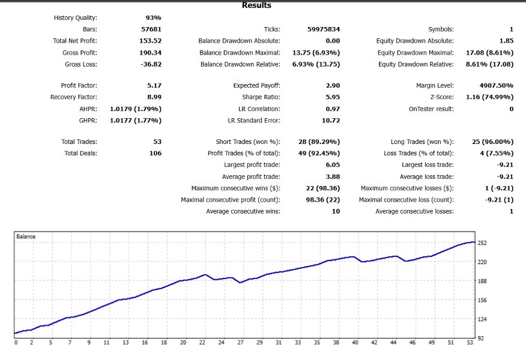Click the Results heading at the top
click(256, 5)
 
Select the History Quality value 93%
click(153, 18)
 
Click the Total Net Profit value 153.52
click(150, 41)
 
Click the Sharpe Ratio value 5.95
click(331, 97)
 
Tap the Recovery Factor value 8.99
click(154, 97)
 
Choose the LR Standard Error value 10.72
click(330, 121)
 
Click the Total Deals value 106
click(154, 154)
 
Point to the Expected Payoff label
click(257, 86)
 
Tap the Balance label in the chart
click(25, 236)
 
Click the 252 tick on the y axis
click(483, 243)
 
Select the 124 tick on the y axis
click(483, 319)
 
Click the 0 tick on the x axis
click(16, 343)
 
